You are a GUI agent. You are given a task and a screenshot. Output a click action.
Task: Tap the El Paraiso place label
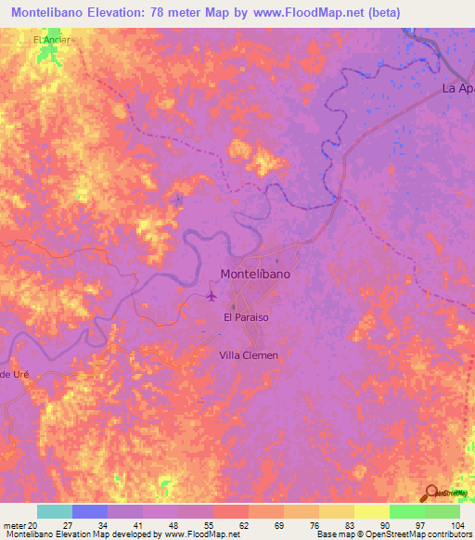(246, 317)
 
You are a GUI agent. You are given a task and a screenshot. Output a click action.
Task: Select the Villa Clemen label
(248, 355)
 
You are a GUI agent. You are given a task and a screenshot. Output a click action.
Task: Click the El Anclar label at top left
(51, 41)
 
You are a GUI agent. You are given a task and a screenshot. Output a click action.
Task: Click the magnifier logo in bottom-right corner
(431, 494)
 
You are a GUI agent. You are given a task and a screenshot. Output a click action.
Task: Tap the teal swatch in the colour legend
(55, 511)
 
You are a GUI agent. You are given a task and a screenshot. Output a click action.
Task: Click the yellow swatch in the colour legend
(371, 511)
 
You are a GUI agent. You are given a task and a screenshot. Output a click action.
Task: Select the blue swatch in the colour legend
(90, 511)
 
